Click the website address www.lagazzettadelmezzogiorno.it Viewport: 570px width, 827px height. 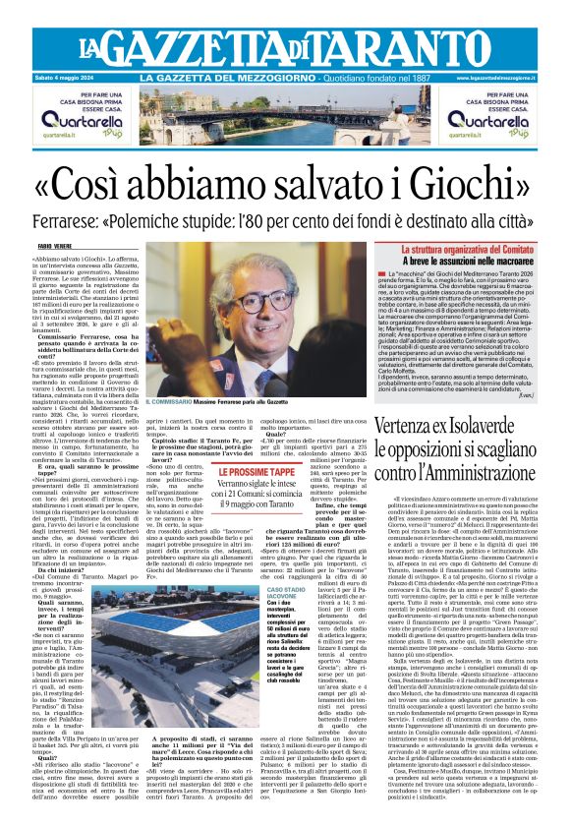[511, 78]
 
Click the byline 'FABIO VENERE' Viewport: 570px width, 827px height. [57, 246]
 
